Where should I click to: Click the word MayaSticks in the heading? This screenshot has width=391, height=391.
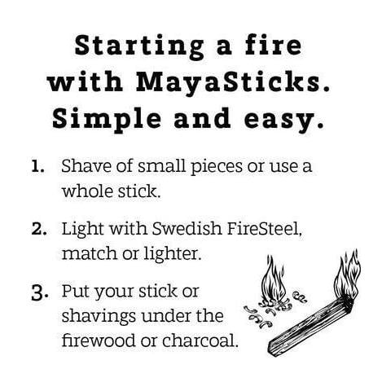point(227,81)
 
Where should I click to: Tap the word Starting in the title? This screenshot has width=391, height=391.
point(139,47)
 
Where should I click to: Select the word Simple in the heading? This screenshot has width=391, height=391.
point(107,119)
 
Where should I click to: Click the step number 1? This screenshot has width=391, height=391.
point(37,166)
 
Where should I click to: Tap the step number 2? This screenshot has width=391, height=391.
point(39,229)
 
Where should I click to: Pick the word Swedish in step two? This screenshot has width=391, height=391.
point(187,228)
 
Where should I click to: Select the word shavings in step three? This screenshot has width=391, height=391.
point(99,317)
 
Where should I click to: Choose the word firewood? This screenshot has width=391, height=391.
point(99,340)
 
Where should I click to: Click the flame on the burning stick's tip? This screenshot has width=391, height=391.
point(348,275)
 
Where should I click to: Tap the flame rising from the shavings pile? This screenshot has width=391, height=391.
point(273,279)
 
